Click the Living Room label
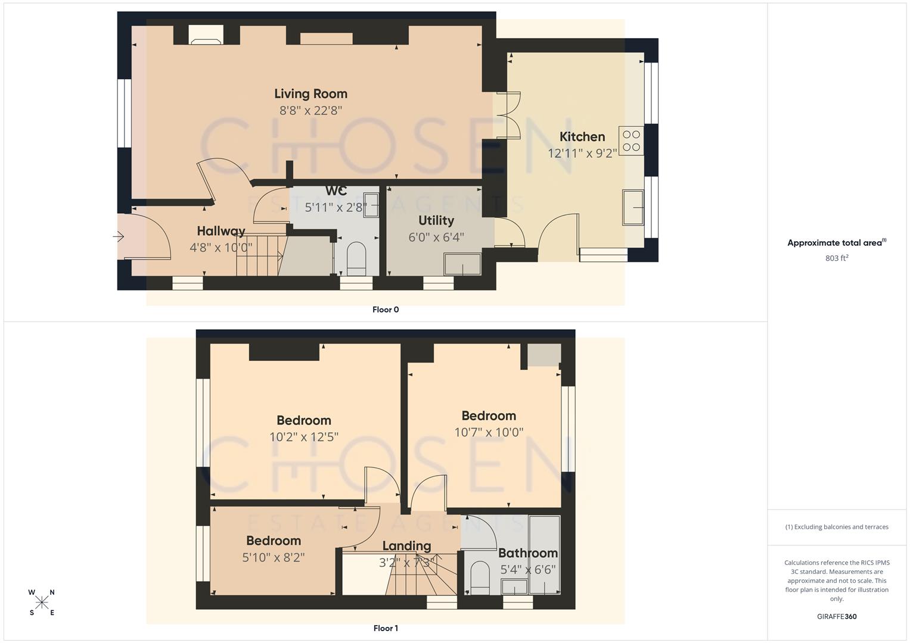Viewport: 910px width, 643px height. click(310, 93)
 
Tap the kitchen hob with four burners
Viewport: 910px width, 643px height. click(631, 141)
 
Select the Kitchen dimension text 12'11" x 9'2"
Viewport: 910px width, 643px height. click(582, 154)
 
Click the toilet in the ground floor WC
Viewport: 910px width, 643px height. click(356, 257)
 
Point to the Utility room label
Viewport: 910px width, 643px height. click(436, 221)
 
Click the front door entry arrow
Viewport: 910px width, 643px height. click(119, 237)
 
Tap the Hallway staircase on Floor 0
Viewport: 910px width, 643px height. click(259, 255)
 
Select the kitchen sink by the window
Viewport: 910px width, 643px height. click(633, 207)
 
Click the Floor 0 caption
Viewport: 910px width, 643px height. click(385, 310)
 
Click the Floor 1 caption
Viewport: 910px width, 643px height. click(385, 628)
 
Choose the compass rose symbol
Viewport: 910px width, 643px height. click(42, 603)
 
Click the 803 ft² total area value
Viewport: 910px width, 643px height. click(836, 258)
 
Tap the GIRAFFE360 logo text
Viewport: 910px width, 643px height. click(836, 616)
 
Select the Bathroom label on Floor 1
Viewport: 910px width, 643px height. click(527, 553)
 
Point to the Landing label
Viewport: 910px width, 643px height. click(406, 546)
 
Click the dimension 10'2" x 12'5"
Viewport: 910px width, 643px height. click(303, 437)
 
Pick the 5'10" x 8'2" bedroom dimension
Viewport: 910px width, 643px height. click(274, 557)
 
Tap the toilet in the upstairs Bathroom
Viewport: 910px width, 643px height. click(479, 578)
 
